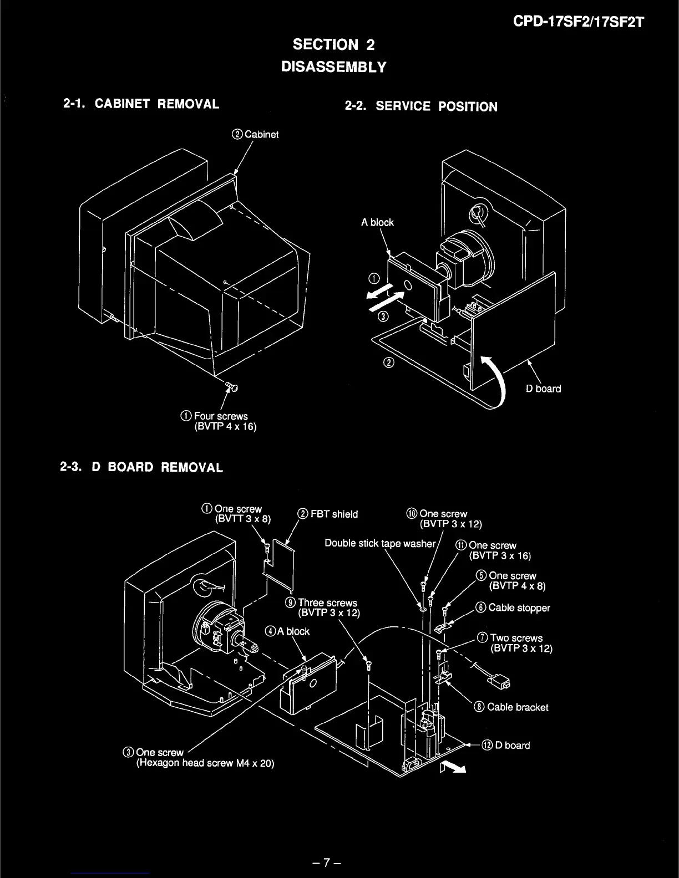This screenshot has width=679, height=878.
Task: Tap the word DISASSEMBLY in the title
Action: click(333, 67)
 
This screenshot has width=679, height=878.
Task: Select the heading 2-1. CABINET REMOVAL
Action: click(141, 104)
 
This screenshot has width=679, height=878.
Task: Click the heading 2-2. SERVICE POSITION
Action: click(421, 106)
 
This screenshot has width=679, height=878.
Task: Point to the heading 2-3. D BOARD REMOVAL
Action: click(141, 467)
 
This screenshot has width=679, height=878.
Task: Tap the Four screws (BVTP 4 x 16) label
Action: click(220, 421)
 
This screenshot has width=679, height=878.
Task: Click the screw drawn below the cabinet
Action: click(231, 387)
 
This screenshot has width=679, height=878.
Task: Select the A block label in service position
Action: click(377, 222)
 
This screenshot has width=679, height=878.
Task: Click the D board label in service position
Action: click(543, 389)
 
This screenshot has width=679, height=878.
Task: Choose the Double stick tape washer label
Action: click(380, 543)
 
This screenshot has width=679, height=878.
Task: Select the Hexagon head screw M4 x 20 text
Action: click(205, 763)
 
